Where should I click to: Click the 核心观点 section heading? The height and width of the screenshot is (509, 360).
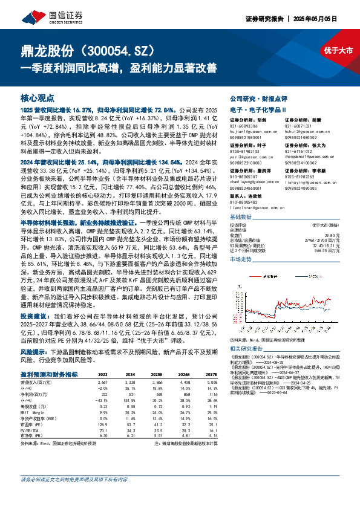pos(36,97)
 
